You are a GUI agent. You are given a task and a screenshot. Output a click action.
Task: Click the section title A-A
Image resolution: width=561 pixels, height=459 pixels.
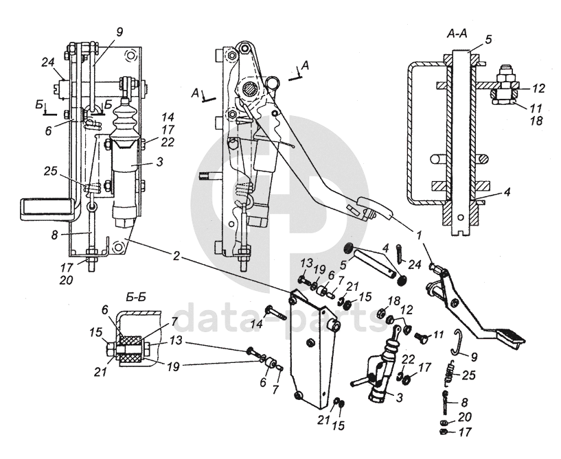click(x=457, y=32)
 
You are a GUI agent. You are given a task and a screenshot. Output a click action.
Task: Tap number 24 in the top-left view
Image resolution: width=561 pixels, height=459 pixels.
click(x=47, y=61)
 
